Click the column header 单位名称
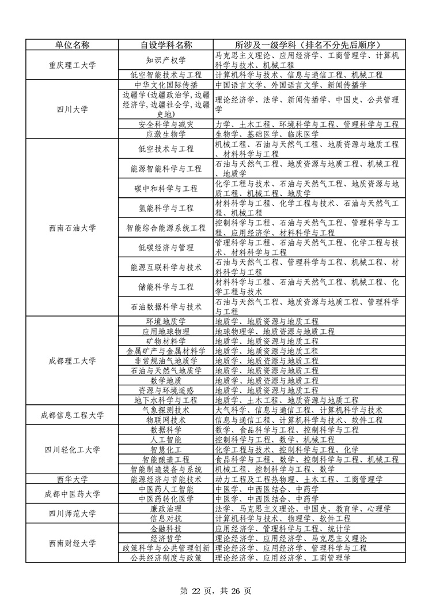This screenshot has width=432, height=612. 72,45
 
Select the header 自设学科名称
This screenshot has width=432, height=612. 166,45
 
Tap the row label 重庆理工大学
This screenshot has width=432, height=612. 72,65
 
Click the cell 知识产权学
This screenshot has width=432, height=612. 166,61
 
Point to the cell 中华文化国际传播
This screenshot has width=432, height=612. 166,85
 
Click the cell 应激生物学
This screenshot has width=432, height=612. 166,134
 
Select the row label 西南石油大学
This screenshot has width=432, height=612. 72,228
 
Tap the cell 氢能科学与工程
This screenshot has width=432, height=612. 166,208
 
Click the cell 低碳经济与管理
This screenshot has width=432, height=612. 166,247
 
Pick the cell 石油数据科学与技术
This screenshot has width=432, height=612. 166,306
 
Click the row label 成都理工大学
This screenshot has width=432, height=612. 72,361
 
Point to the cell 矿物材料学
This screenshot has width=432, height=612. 166,341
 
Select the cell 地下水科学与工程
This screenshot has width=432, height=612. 166,400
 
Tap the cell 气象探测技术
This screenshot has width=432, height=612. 166,410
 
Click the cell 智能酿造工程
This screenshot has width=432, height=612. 166,459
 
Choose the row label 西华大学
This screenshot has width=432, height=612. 72,479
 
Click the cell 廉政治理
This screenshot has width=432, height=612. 166,509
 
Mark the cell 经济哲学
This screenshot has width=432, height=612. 166,538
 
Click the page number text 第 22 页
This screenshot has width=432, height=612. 199,591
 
